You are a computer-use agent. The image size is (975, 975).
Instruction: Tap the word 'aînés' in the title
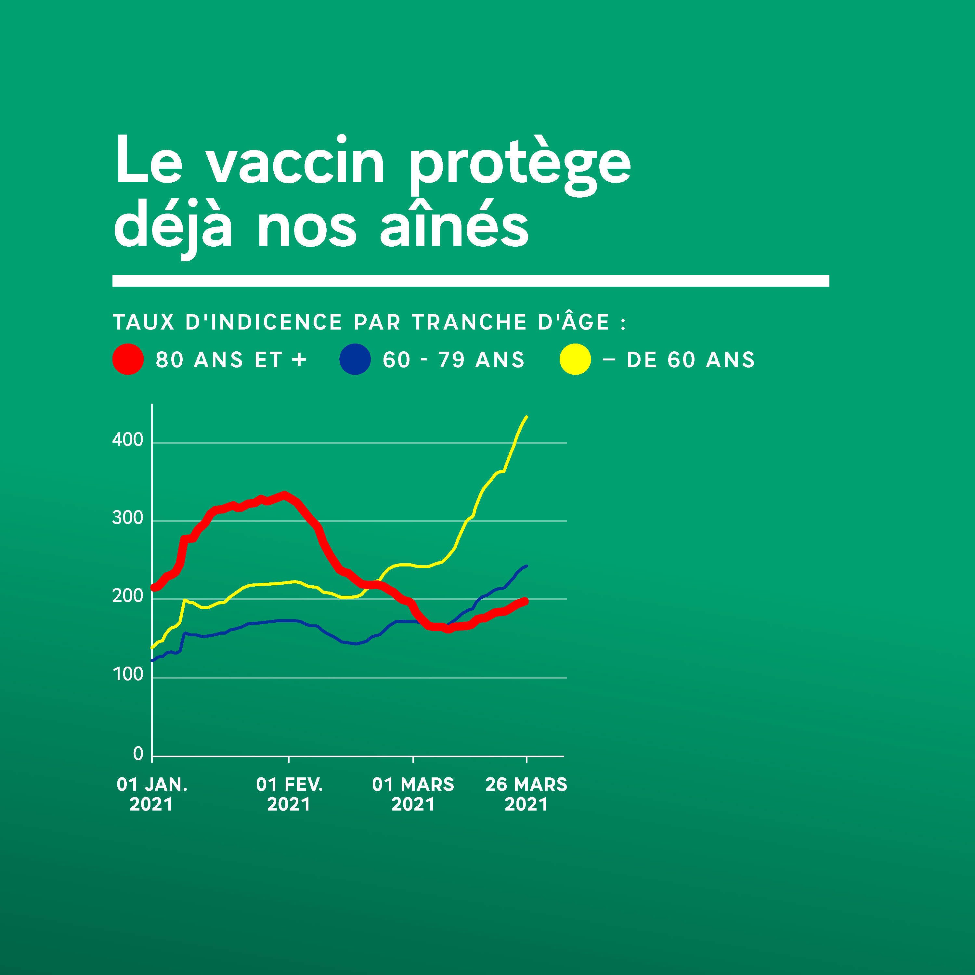pyautogui.click(x=454, y=224)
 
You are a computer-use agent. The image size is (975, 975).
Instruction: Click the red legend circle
pyautogui.click(x=128, y=359)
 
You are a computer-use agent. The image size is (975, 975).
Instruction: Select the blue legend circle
pyautogui.click(x=355, y=359)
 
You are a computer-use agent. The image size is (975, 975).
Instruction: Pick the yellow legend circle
pyautogui.click(x=575, y=359)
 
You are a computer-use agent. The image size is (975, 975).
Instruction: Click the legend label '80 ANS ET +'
pyautogui.click(x=231, y=360)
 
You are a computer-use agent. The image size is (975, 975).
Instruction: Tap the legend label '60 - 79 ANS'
pyautogui.click(x=454, y=360)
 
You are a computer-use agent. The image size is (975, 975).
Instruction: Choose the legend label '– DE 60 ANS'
pyautogui.click(x=679, y=360)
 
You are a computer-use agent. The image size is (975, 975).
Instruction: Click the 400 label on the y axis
pyautogui.click(x=128, y=440)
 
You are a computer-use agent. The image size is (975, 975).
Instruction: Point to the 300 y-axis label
pyautogui.click(x=128, y=518)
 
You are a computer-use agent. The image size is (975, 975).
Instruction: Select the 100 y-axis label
pyautogui.click(x=128, y=675)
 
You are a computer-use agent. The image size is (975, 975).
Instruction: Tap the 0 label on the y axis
pyautogui.click(x=138, y=754)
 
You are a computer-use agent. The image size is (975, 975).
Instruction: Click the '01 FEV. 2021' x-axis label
pyautogui.click(x=289, y=794)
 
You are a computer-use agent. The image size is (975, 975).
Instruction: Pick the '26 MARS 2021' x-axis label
pyautogui.click(x=526, y=794)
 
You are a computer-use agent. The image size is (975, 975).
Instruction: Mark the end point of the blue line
pyautogui.click(x=526, y=566)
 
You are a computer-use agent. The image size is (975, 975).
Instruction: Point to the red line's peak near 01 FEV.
pyautogui.click(x=285, y=494)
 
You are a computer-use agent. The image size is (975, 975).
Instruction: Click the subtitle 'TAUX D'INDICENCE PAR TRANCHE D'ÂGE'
pyautogui.click(x=361, y=322)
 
